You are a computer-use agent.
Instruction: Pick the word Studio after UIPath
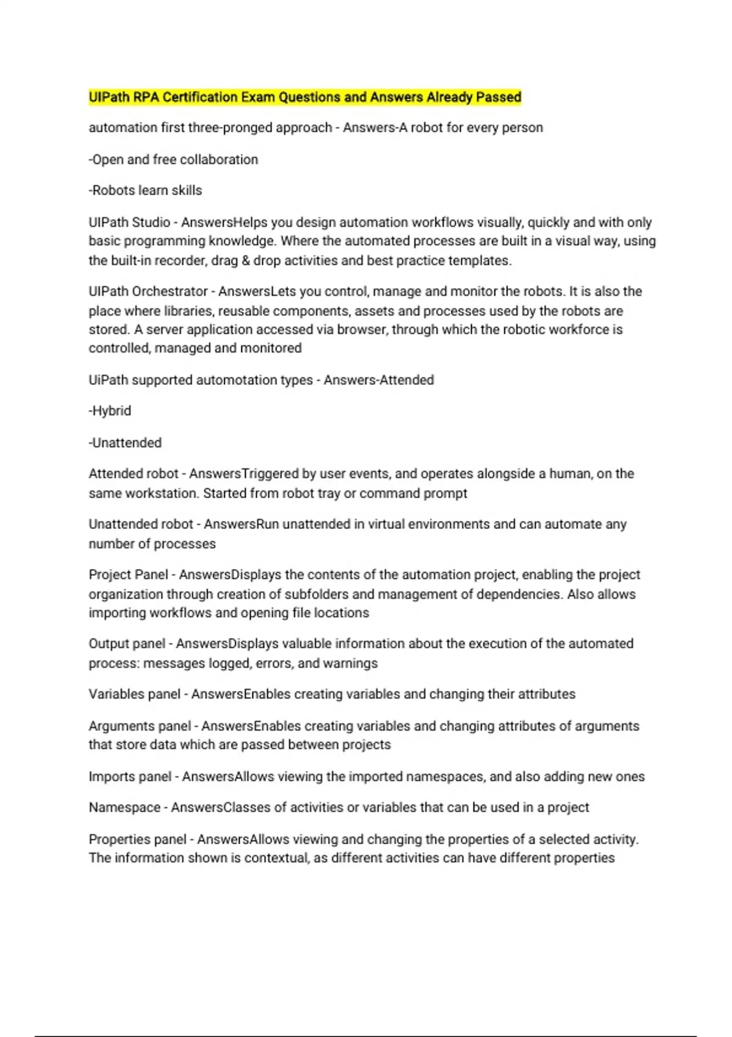coord(151,223)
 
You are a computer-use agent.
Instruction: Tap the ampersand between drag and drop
coord(245,260)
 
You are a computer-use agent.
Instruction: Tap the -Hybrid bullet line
coord(110,411)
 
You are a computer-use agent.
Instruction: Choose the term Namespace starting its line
coord(124,808)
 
